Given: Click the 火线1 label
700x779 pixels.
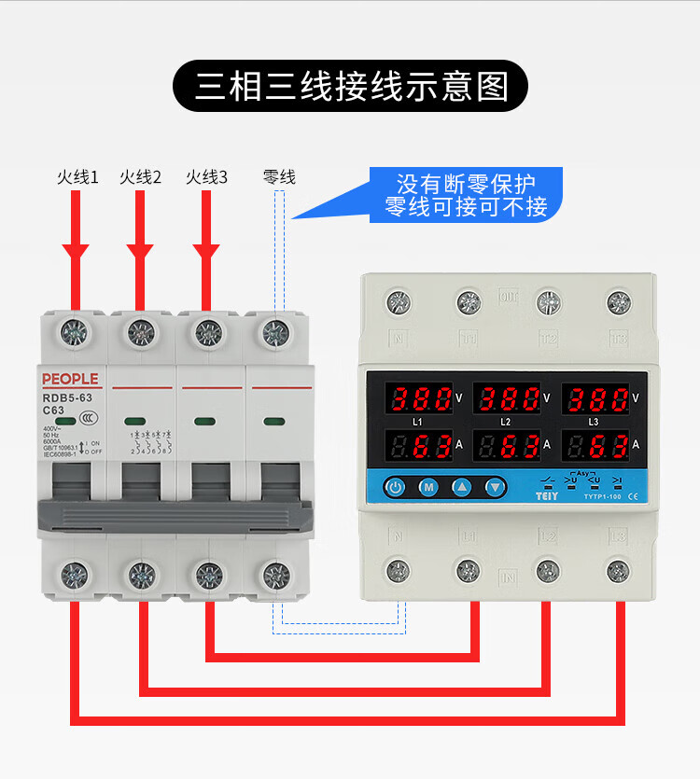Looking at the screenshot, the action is click(77, 177).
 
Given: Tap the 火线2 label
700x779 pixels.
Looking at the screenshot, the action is click(141, 177).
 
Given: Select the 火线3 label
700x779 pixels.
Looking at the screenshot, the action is click(206, 177).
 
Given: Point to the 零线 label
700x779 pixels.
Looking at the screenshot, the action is click(279, 177).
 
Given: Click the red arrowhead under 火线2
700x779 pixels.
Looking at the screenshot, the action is click(140, 252).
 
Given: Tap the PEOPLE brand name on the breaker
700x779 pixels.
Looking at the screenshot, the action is click(70, 379).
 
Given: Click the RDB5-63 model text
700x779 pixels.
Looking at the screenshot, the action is click(67, 396).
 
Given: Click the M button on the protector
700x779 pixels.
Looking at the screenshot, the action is click(429, 487).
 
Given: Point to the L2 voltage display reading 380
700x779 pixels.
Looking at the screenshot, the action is click(505, 400).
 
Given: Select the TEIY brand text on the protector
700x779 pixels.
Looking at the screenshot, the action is click(546, 496).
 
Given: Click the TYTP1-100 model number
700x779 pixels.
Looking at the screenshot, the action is click(603, 496).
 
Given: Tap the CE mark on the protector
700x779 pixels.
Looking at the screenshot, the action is click(635, 496).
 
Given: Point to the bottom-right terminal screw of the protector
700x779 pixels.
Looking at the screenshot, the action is click(618, 570).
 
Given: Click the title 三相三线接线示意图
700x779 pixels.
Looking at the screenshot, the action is click(351, 87).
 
